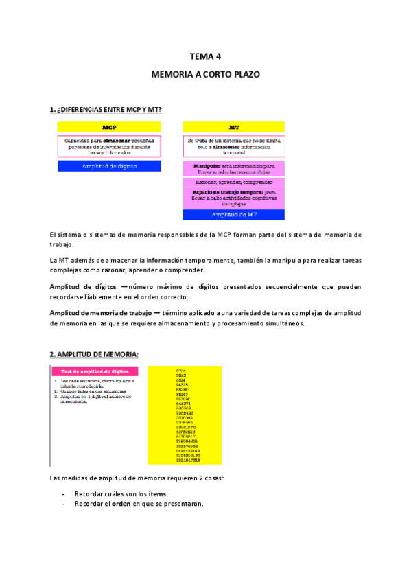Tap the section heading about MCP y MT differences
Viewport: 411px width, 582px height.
(106, 110)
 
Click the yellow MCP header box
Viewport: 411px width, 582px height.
(109, 127)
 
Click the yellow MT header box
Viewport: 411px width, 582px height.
(234, 127)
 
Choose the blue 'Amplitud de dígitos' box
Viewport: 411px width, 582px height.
(109, 166)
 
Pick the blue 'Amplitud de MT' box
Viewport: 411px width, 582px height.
(234, 215)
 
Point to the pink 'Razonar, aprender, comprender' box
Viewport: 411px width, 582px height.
(234, 182)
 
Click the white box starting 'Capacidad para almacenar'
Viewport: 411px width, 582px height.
(109, 146)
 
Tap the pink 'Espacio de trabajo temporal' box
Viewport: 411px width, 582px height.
(234, 198)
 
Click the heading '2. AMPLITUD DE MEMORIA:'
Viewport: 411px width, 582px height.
(94, 354)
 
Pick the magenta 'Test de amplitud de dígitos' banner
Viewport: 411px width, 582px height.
(95, 371)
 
